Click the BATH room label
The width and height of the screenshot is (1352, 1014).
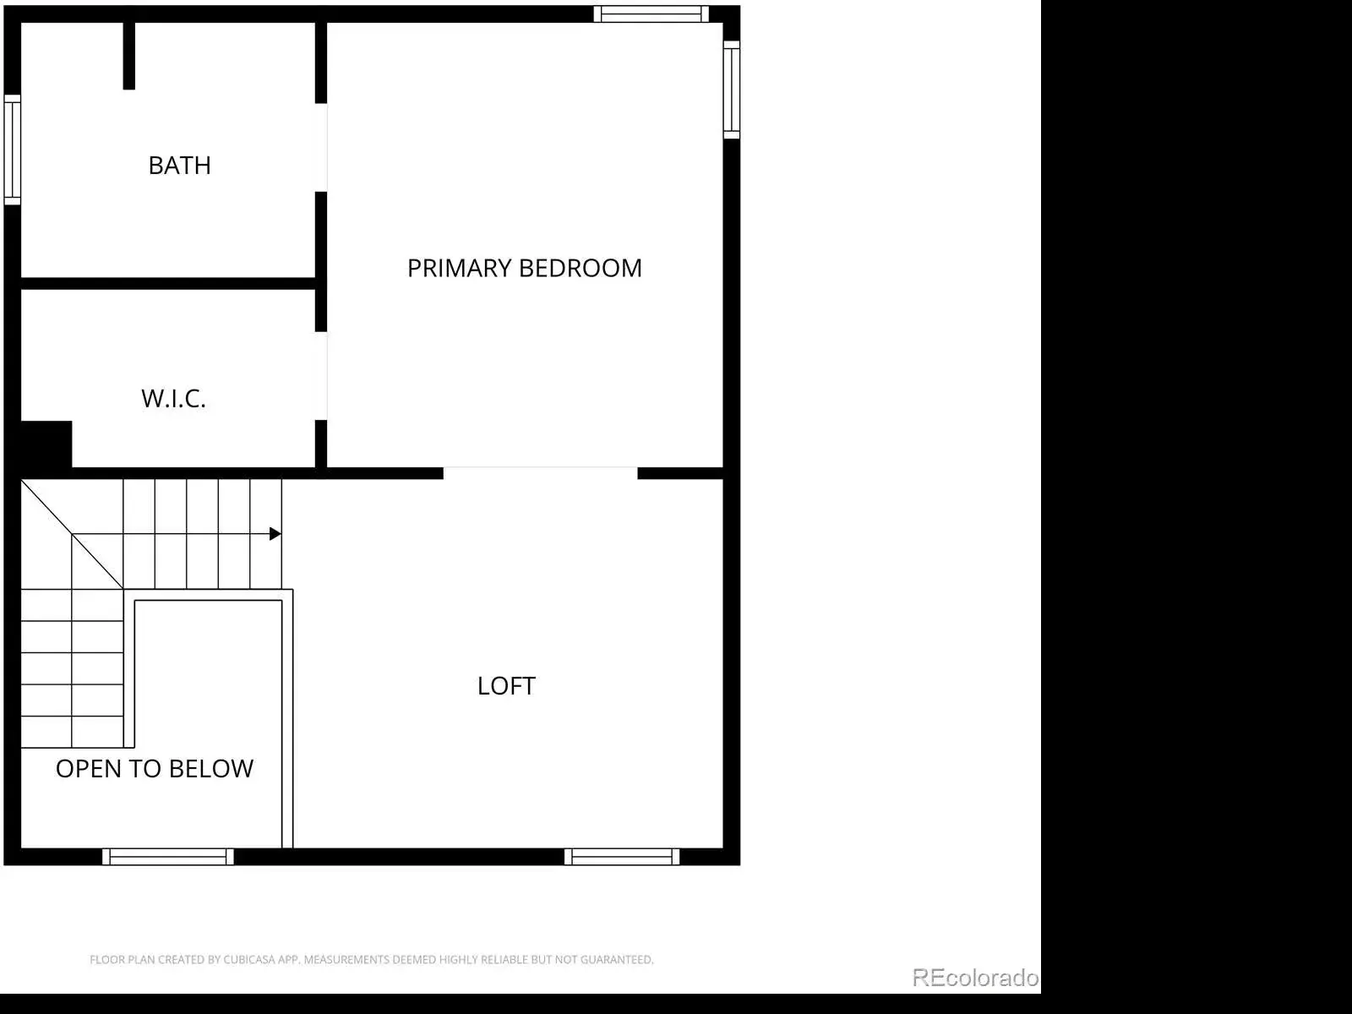(180, 166)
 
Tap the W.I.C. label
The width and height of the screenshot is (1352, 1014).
(173, 399)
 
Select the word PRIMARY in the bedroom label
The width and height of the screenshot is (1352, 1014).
(459, 269)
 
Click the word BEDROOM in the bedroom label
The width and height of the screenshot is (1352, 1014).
(581, 269)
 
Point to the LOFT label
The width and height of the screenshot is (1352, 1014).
(506, 686)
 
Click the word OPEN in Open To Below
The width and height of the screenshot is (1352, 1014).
(84, 769)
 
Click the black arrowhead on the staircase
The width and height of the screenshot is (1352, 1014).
(275, 534)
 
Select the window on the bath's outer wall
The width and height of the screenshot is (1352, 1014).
(13, 150)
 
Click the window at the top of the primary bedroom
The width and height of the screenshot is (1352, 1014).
(651, 14)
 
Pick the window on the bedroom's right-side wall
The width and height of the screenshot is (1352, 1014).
(731, 90)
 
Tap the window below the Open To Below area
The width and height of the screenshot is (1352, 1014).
(168, 856)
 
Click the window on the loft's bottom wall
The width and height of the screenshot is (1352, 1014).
(621, 856)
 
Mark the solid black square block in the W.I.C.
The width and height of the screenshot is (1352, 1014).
(46, 444)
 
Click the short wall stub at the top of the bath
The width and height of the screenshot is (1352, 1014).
(128, 56)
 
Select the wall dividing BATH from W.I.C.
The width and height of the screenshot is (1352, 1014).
(168, 283)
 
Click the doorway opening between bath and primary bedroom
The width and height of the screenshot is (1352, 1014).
(321, 148)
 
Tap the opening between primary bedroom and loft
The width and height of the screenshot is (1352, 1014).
(540, 473)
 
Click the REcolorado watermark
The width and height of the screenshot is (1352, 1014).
(975, 978)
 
